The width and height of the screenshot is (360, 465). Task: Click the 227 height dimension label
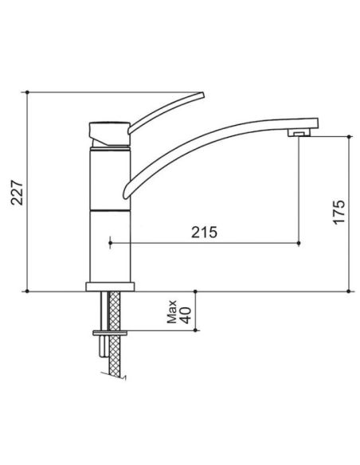[x=17, y=192]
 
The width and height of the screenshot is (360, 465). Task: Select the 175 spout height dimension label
[x=339, y=212]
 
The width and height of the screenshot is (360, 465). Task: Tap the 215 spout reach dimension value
[x=204, y=232]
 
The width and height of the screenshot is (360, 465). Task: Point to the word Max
[x=172, y=311]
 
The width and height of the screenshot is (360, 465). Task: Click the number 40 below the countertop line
[x=186, y=315]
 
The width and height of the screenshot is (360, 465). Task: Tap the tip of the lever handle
[x=202, y=95]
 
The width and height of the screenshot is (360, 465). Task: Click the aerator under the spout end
[x=299, y=132]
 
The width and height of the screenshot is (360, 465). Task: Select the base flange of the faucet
[x=110, y=287]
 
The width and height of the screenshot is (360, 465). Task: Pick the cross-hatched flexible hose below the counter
[x=115, y=334]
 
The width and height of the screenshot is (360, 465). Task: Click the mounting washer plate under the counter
[x=110, y=333]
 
